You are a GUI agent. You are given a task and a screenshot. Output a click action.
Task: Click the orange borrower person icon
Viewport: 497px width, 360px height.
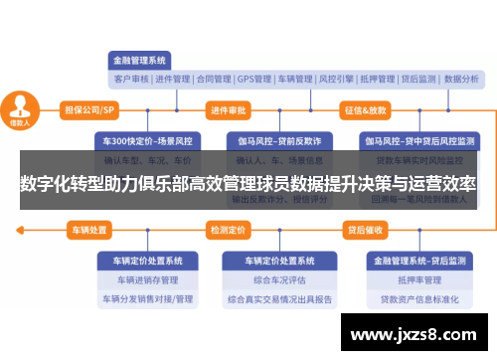click(x=19, y=107)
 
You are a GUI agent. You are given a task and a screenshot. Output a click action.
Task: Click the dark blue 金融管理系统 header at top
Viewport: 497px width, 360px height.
click(x=142, y=58)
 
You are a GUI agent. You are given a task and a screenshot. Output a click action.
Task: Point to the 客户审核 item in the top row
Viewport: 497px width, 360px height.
click(x=131, y=79)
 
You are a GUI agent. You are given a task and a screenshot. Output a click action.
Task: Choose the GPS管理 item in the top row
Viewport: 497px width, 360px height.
click(x=253, y=79)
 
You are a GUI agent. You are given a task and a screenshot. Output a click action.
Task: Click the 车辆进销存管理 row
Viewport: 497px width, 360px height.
click(x=148, y=279)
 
